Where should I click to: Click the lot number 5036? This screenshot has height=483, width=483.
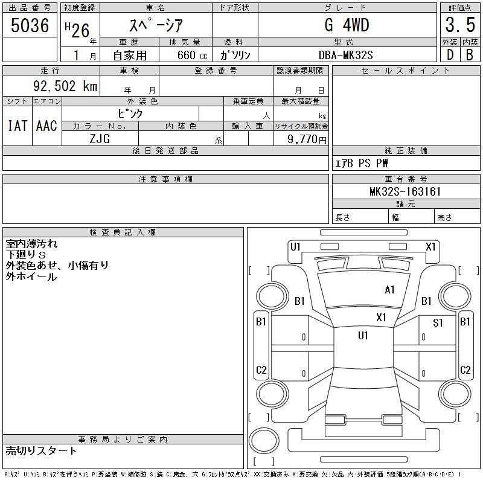tap(30, 25)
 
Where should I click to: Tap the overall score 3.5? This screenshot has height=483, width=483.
tap(459, 25)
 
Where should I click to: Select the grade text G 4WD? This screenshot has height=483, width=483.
tap(347, 25)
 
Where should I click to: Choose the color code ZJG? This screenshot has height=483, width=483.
tap(100, 138)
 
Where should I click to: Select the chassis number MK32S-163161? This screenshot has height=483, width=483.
tap(406, 192)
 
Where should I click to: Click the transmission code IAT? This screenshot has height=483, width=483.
tap(17, 126)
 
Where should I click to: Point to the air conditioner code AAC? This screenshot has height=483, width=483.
tap(46, 126)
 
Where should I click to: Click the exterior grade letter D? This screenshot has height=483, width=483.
tap(450, 55)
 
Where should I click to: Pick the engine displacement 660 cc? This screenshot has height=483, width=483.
tap(185, 55)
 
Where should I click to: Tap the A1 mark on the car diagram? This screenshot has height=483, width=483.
tap(389, 290)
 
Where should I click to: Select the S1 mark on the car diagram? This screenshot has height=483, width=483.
tap(438, 323)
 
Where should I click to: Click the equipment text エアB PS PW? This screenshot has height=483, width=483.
tap(362, 164)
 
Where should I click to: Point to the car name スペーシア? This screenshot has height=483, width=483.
tap(156, 25)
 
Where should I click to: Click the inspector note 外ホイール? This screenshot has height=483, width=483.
tap(31, 277)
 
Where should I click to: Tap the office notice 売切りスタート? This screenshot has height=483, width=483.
tap(41, 450)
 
